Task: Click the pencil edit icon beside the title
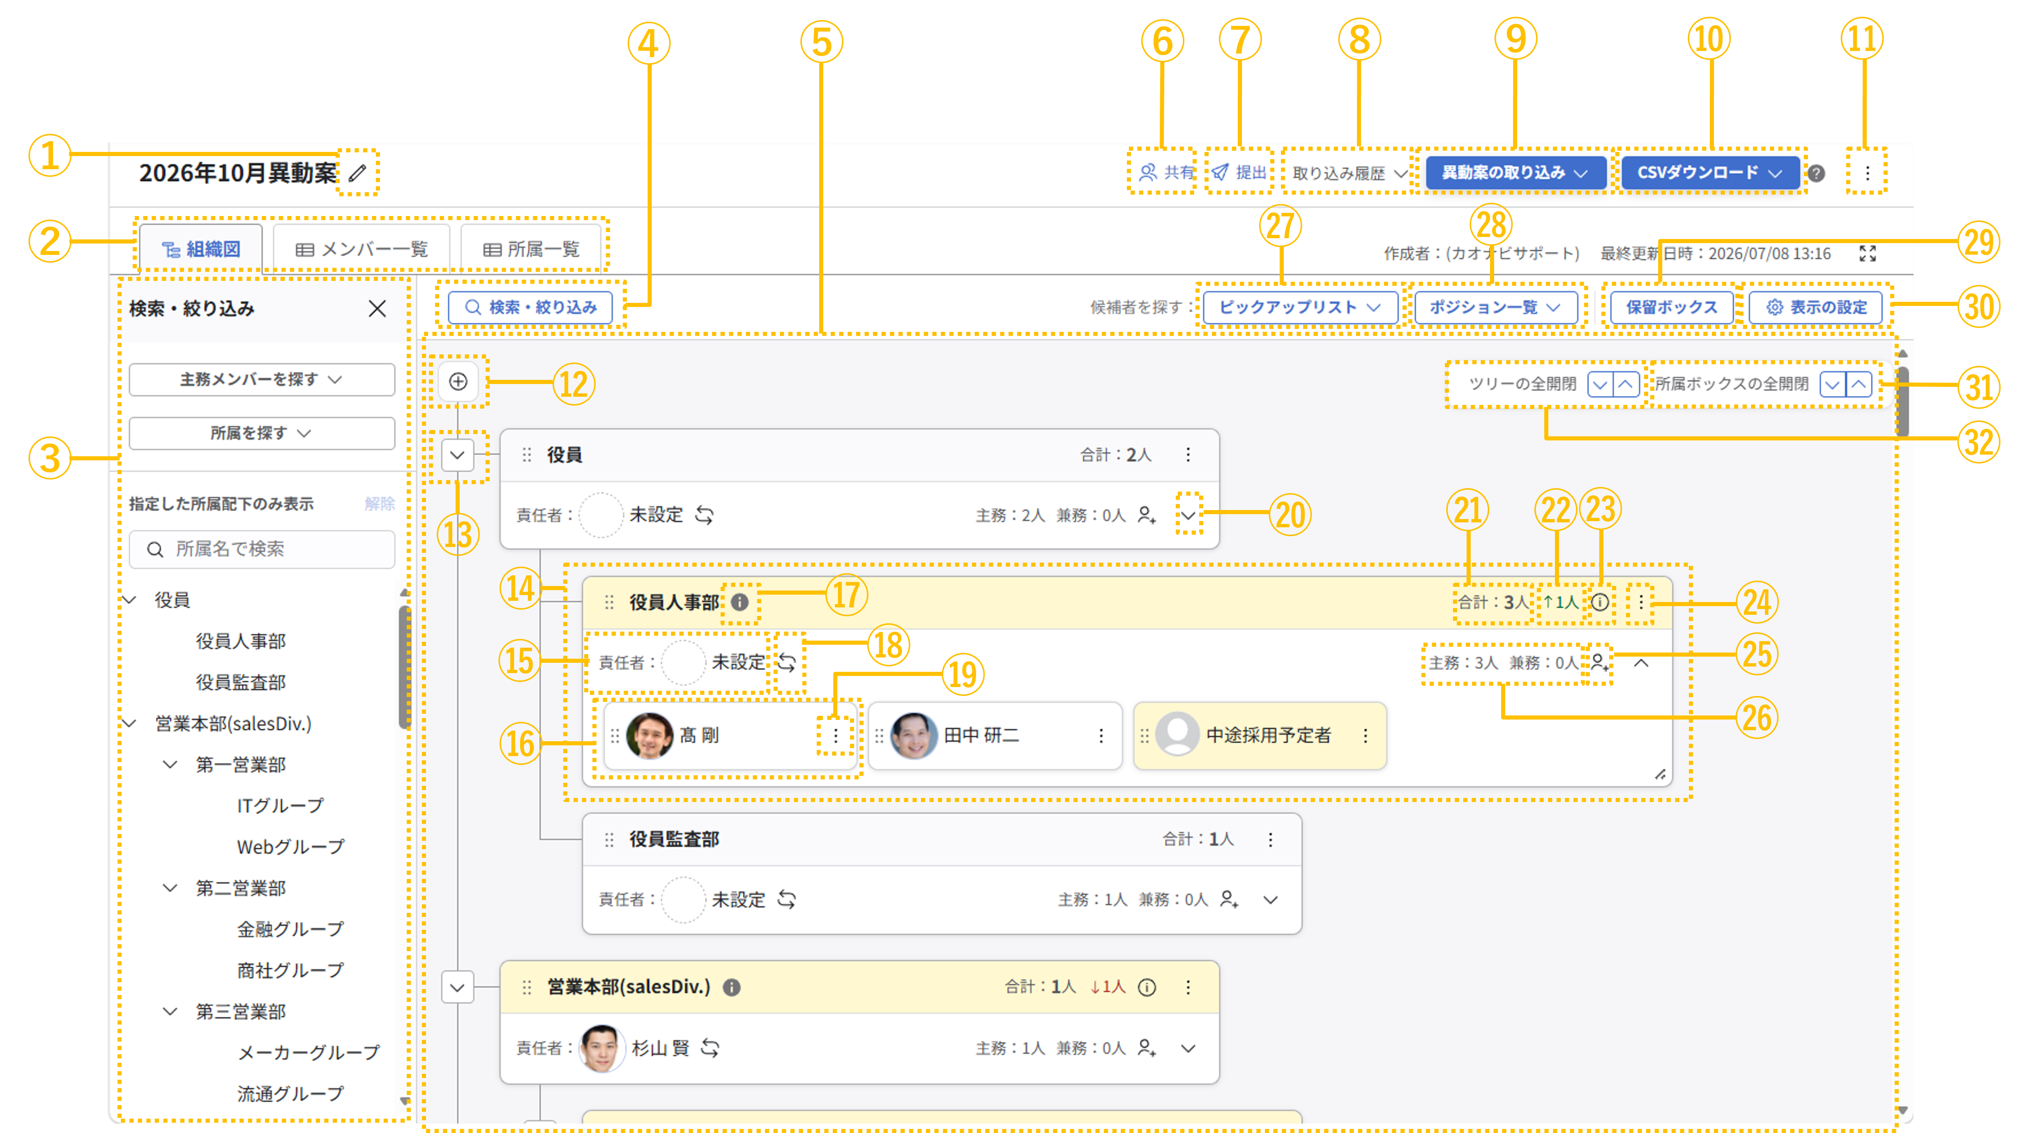(x=357, y=172)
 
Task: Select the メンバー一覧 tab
(x=362, y=250)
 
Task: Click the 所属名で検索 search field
(x=262, y=549)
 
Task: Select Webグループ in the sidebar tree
(x=290, y=846)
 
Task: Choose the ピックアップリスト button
(x=1300, y=307)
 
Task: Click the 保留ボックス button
(x=1672, y=307)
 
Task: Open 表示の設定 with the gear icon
(x=1815, y=307)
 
